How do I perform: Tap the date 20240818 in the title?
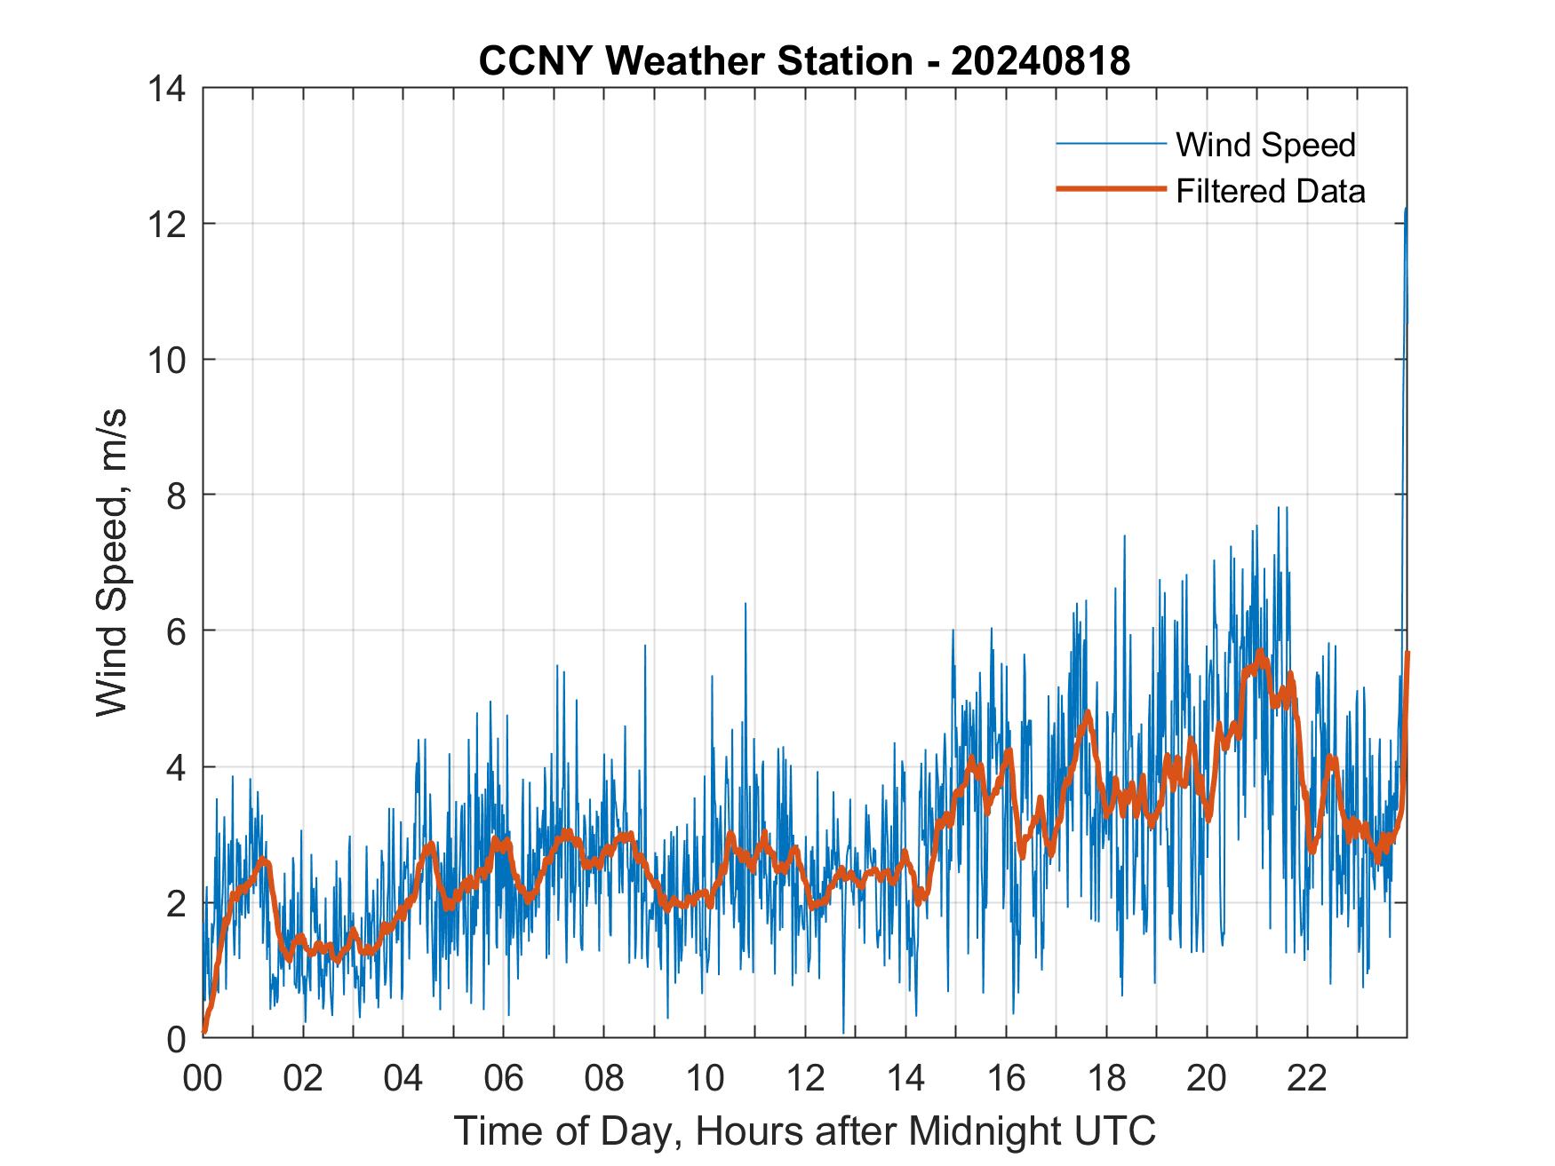pos(1041,61)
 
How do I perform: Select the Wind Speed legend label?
pos(1265,145)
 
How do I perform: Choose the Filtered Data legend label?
pos(1270,191)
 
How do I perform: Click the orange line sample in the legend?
pos(1111,189)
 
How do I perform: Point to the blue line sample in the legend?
pos(1111,143)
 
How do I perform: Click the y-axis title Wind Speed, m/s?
pos(112,562)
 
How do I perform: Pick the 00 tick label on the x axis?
pos(203,1078)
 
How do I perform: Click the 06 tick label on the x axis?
pos(504,1078)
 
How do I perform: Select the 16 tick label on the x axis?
pos(1006,1078)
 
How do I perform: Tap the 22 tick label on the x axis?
pos(1307,1078)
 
